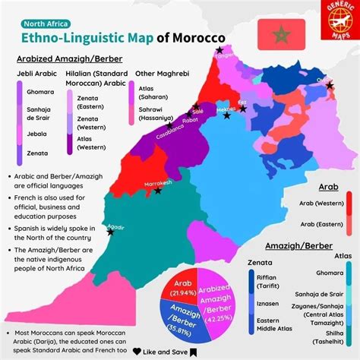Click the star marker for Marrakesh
(157, 191)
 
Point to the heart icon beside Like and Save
(137, 352)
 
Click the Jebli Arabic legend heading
(38, 74)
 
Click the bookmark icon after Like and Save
(194, 352)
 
